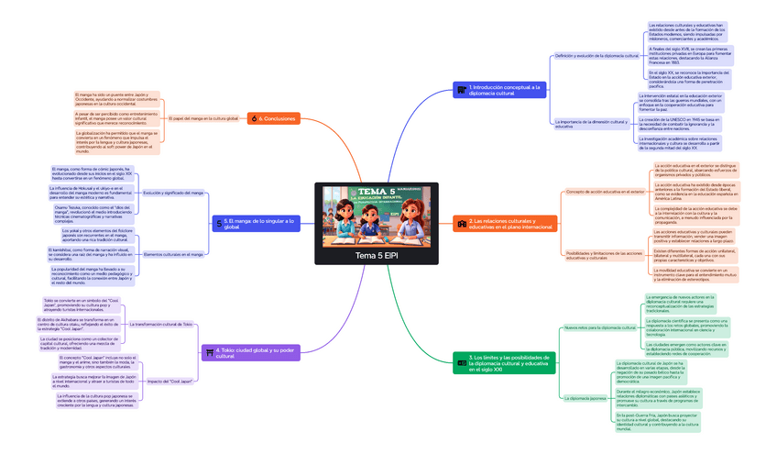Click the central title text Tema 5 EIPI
pos(378,254)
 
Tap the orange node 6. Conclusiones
pos(276,118)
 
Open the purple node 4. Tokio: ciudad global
pos(251,351)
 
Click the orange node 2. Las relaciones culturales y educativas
pos(509,223)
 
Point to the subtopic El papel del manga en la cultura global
pos(202,118)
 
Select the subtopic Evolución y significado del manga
pos(172,193)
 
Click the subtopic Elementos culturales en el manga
pos(174,254)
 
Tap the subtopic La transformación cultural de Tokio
pos(161,324)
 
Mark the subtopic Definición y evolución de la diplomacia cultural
pos(596,56)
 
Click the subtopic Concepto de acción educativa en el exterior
pos(604,192)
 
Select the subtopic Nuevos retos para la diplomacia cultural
pos(599,327)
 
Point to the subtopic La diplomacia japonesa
pos(585,398)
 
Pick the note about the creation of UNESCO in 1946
pos(691,124)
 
